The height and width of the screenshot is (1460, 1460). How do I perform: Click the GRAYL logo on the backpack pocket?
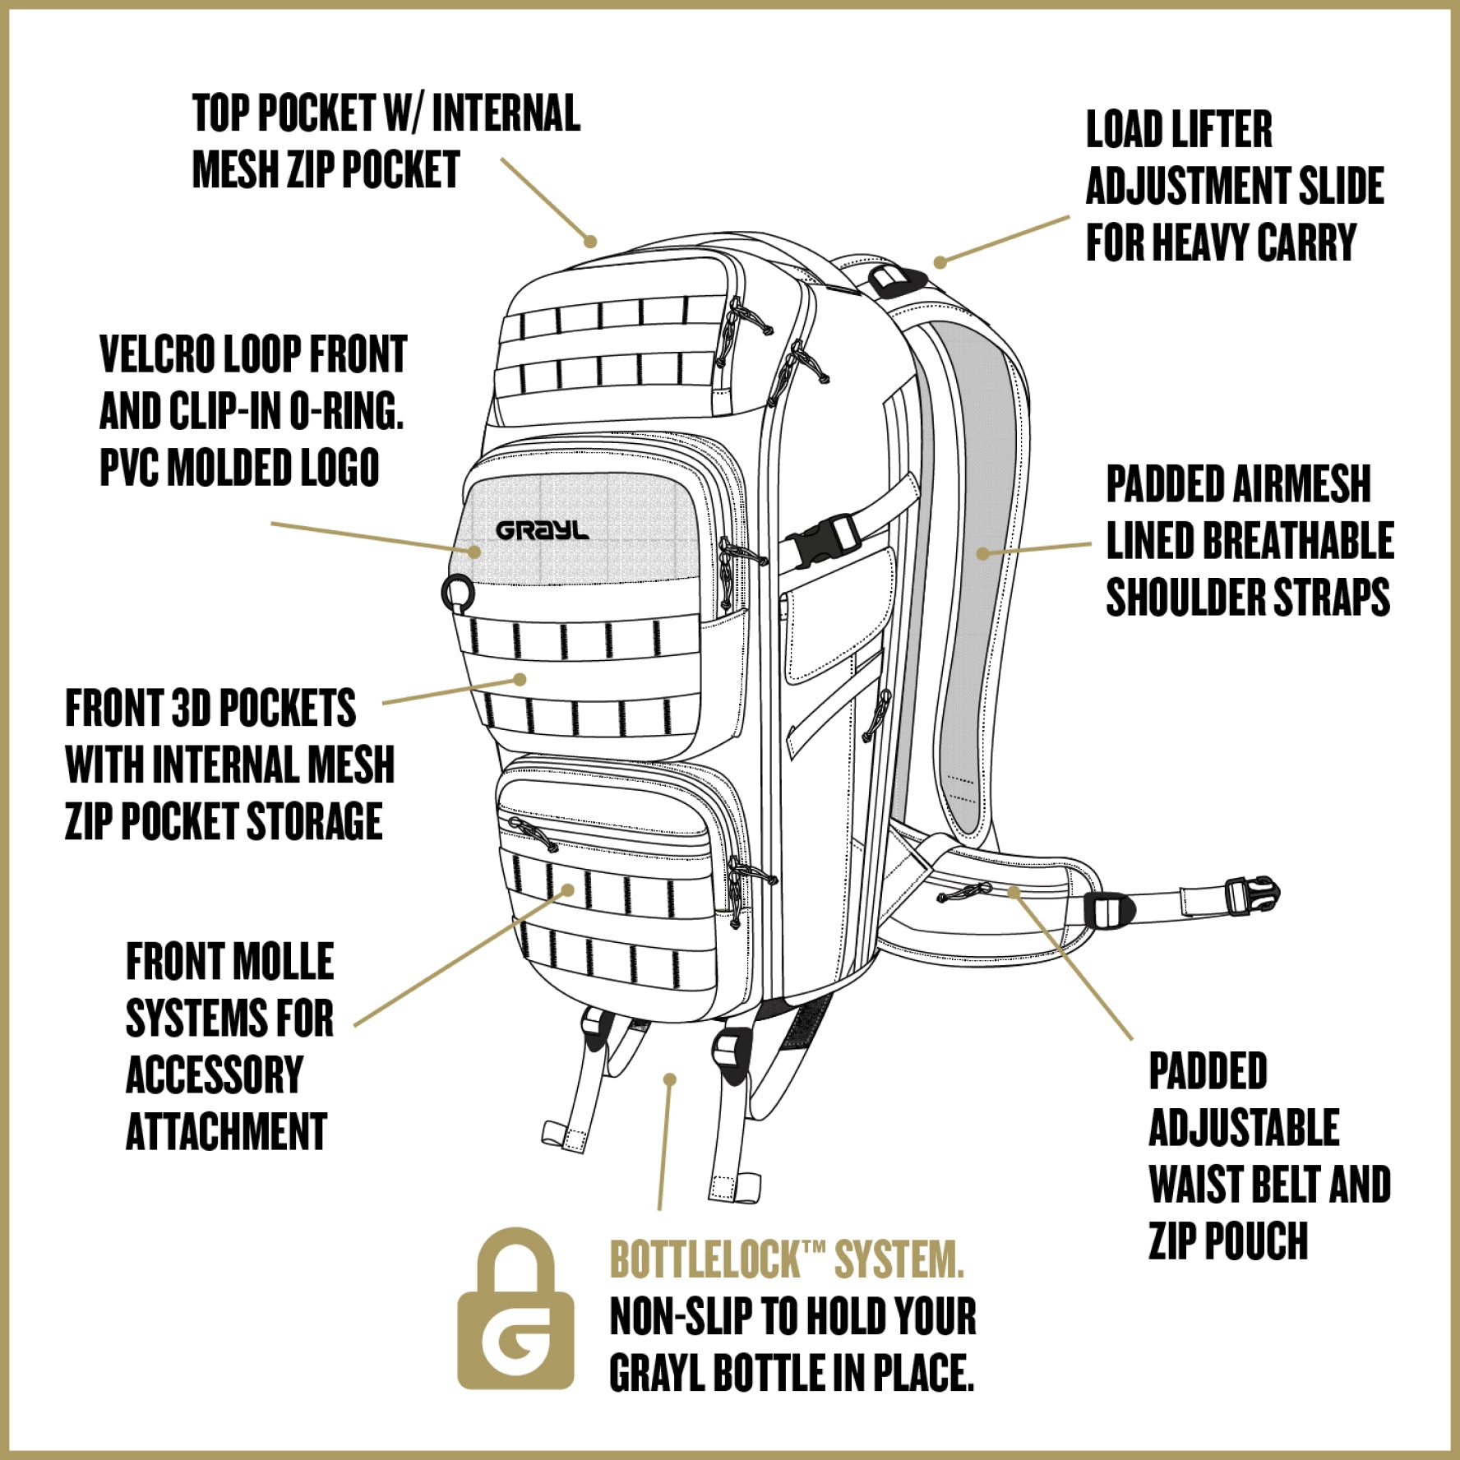[x=543, y=531]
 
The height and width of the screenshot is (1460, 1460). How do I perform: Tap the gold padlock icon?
[x=515, y=1310]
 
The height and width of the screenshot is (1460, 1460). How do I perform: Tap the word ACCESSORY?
[x=215, y=1075]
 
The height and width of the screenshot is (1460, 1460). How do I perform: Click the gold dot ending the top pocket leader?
[x=589, y=242]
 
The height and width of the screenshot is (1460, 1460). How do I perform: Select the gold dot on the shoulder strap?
[x=982, y=553]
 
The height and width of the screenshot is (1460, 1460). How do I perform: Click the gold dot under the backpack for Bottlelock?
[x=671, y=1079]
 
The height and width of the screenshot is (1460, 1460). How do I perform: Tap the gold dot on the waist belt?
[x=1014, y=891]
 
